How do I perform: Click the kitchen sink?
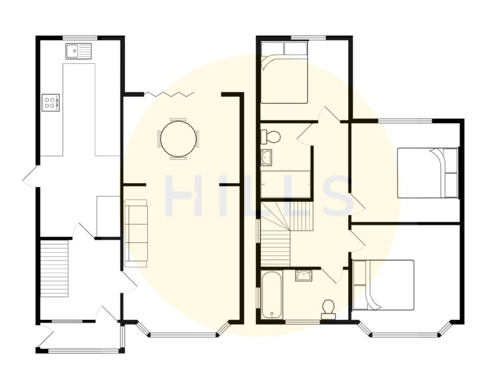click(x=79, y=50)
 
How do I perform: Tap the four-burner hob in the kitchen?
click(x=51, y=102)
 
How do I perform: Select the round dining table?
click(x=177, y=138)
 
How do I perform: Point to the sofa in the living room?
click(x=136, y=231)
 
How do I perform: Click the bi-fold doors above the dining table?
click(x=169, y=95)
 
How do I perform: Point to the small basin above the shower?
click(x=267, y=157)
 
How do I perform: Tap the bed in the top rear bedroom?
click(x=284, y=72)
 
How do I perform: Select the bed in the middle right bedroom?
click(x=428, y=173)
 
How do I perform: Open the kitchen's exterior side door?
click(x=29, y=177)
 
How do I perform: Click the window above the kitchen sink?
click(x=79, y=37)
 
